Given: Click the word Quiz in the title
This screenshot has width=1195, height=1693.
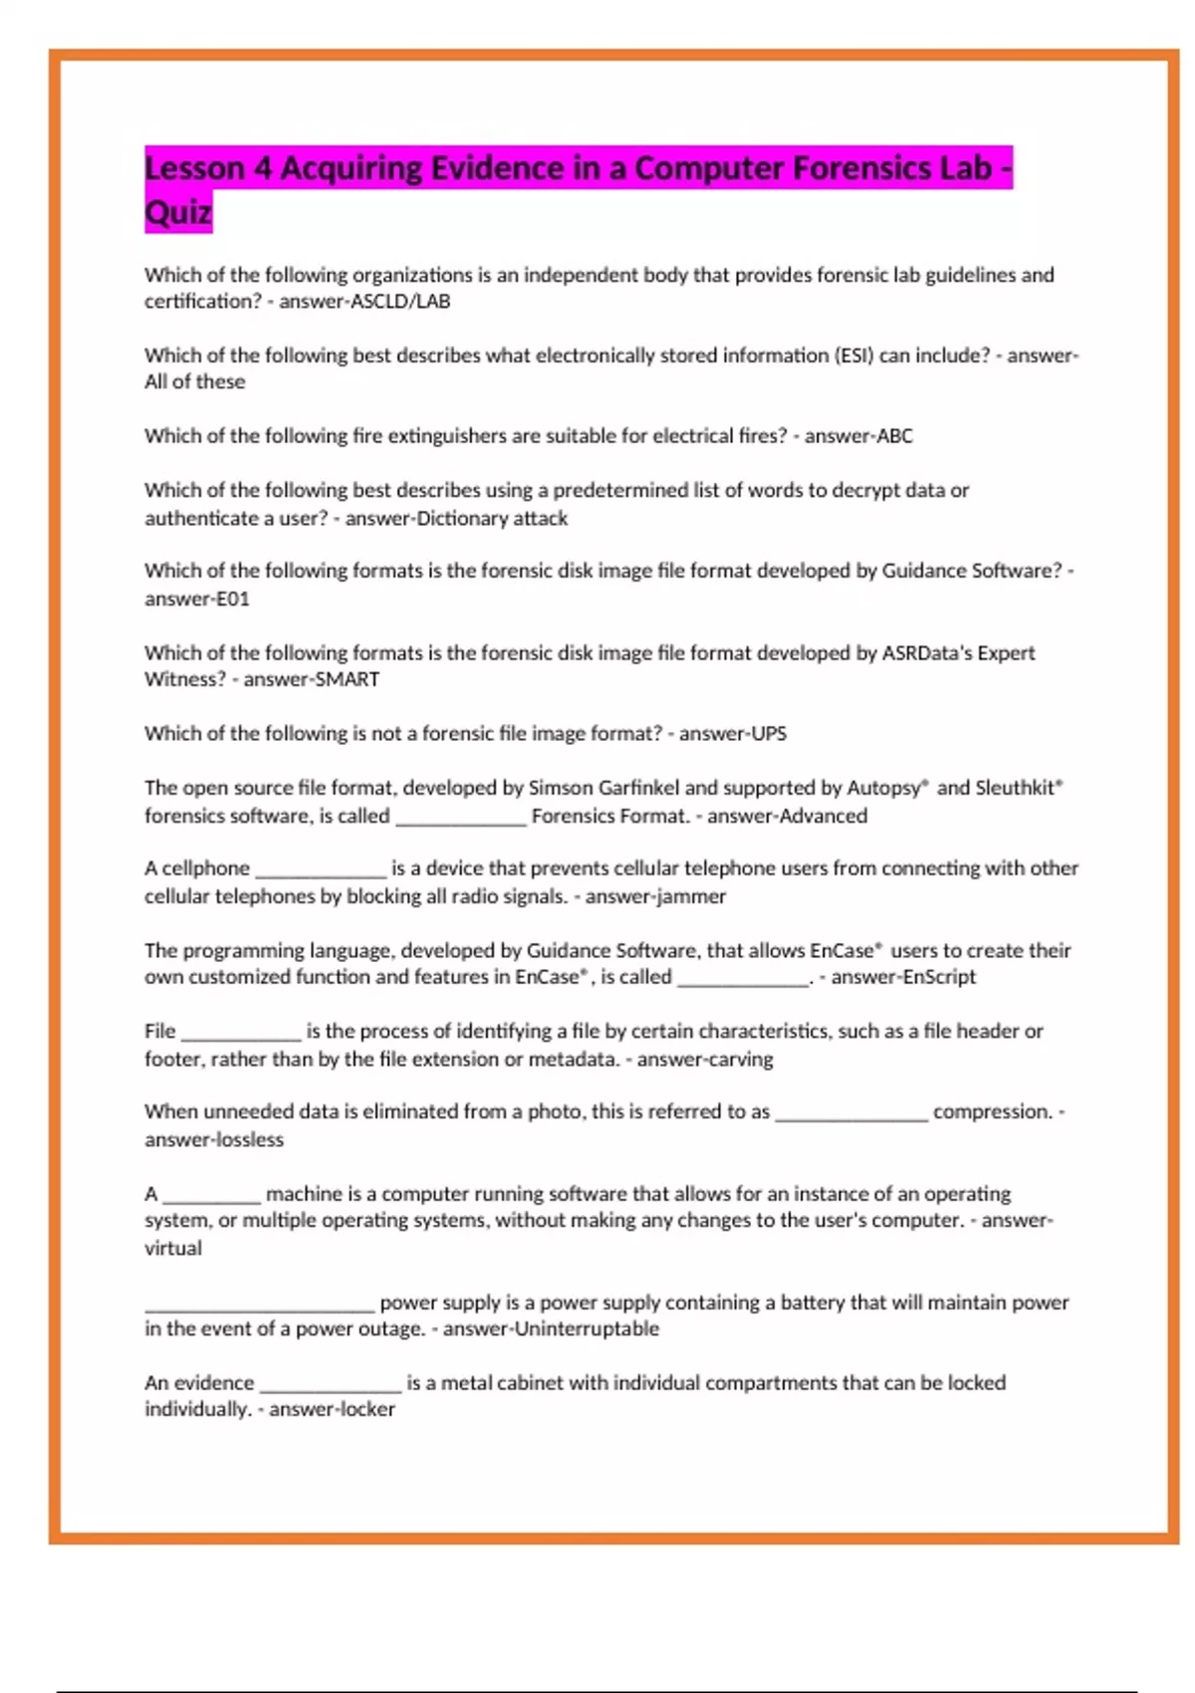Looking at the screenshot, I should (178, 212).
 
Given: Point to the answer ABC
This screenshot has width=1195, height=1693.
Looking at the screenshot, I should (894, 436).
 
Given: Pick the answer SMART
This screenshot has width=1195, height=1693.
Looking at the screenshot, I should (347, 680).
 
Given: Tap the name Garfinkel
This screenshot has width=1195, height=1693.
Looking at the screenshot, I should (638, 788).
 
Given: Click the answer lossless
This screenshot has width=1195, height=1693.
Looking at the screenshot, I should (248, 1140).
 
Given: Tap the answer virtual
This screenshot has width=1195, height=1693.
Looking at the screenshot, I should (173, 1249).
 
